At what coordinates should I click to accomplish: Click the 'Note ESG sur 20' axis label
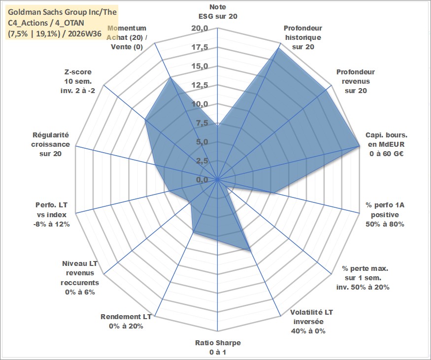tap(218, 11)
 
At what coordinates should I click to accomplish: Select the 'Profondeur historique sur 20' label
tap(303, 37)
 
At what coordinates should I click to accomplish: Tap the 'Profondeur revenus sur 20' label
tap(356, 81)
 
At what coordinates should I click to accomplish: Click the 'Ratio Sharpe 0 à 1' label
tap(218, 347)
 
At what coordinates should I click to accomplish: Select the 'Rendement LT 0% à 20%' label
tap(126, 322)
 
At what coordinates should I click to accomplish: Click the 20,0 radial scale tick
tap(199, 28)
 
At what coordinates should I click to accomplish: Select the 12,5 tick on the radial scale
tap(199, 85)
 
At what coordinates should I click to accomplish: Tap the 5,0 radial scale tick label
tap(202, 142)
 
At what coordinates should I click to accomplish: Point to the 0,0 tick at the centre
tap(202, 180)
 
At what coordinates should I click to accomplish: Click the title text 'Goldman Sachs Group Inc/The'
tap(62, 12)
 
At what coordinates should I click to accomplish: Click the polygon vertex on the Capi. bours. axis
tap(359, 146)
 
